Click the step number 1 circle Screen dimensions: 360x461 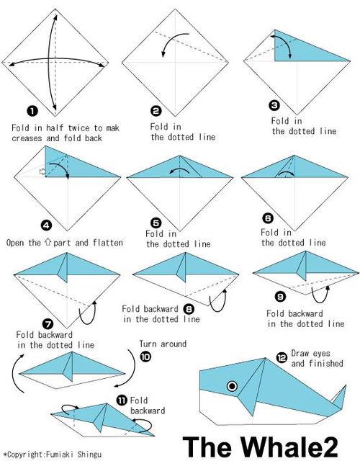click(x=32, y=111)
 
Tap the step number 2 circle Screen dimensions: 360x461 click(x=156, y=110)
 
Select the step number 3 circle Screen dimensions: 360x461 click(x=274, y=105)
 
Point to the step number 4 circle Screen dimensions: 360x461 click(x=46, y=225)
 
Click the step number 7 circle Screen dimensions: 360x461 click(x=48, y=324)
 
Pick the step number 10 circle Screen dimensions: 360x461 click(x=145, y=357)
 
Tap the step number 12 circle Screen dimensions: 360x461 click(x=282, y=357)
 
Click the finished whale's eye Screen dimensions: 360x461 click(x=232, y=386)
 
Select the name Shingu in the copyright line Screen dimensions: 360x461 click(x=89, y=455)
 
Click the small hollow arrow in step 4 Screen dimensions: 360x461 click(x=42, y=171)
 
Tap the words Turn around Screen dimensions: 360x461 click(x=163, y=344)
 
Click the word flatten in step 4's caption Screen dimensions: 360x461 click(x=108, y=243)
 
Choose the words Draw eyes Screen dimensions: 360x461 click(x=310, y=354)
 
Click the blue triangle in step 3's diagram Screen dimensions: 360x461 click(x=302, y=47)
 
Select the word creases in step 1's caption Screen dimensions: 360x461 click(x=27, y=138)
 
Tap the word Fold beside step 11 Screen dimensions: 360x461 click(x=139, y=400)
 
